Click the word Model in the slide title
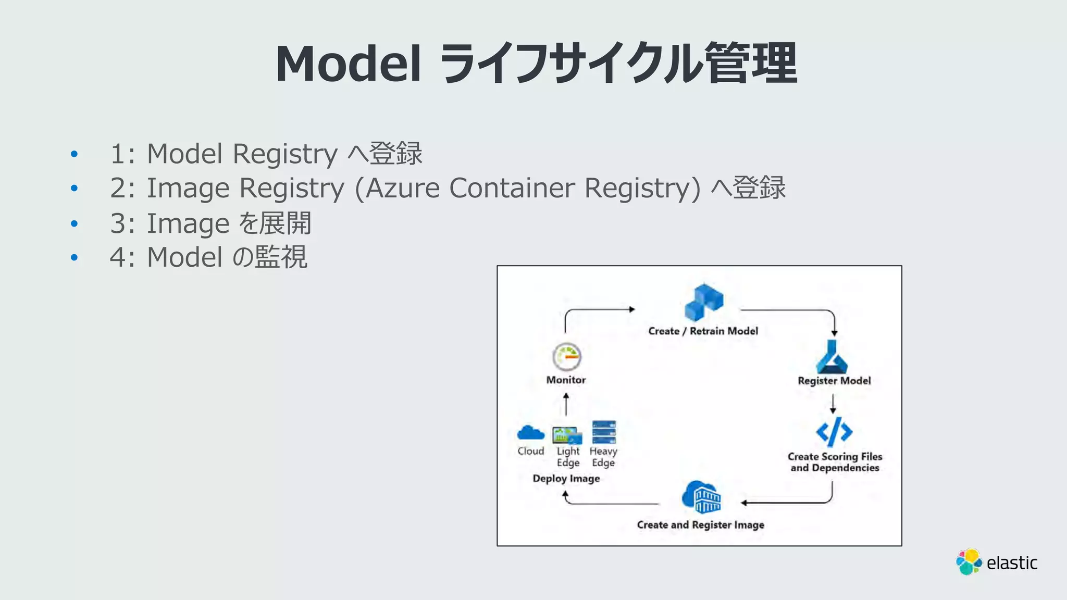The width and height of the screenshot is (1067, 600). click(348, 64)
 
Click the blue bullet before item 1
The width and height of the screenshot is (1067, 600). click(74, 154)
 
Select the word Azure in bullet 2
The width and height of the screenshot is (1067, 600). click(403, 188)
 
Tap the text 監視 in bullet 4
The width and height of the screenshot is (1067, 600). click(281, 257)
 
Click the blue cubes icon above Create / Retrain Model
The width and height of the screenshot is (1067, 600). click(704, 302)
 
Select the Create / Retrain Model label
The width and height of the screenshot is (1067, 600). click(703, 331)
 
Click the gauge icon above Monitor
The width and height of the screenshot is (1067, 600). click(566, 357)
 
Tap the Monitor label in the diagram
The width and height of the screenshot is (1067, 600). click(566, 380)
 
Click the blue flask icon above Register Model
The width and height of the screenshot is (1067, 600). click(832, 357)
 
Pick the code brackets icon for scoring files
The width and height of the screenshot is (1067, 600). click(834, 432)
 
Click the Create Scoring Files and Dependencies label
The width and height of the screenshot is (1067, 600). click(835, 462)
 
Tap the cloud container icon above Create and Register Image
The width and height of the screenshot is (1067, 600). click(701, 497)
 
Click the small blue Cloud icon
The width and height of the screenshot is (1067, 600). click(530, 433)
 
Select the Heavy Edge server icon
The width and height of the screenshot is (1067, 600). click(604, 432)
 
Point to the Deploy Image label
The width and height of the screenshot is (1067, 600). click(566, 479)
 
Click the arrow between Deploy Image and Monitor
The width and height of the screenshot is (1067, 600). click(566, 404)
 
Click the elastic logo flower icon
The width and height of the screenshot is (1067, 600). click(969, 562)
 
